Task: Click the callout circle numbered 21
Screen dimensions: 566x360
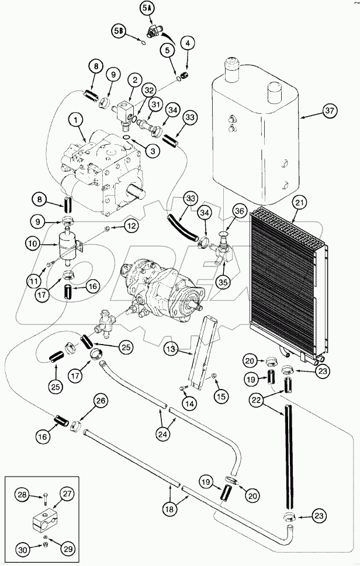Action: (299, 203)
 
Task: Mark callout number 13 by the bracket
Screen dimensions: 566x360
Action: (170, 349)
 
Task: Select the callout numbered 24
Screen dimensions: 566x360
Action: (164, 434)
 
